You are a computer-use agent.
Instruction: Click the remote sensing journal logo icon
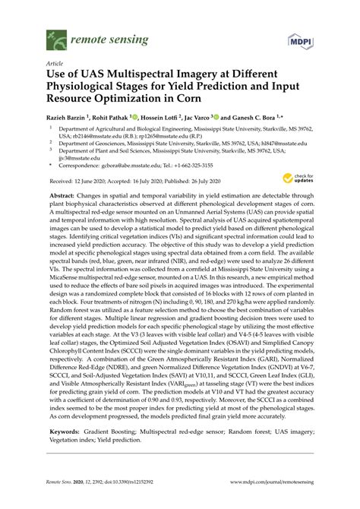[x=55, y=35]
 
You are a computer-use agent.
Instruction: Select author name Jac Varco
[x=199, y=119]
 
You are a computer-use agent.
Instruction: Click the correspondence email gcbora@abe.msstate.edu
[x=128, y=164]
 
